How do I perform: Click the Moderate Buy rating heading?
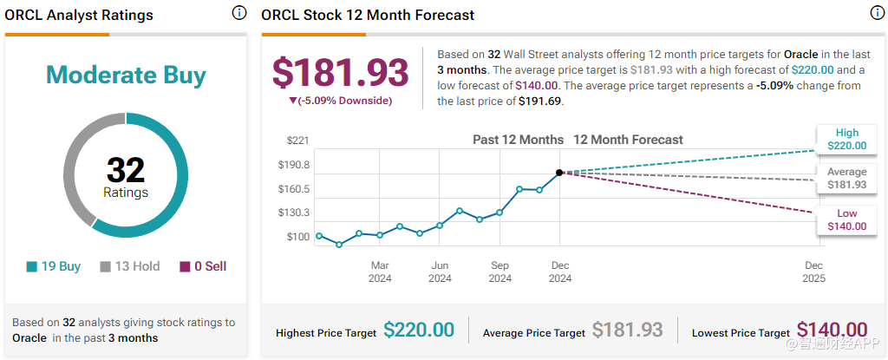click(x=126, y=75)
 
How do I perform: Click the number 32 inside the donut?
click(x=126, y=168)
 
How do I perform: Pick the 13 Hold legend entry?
click(x=130, y=266)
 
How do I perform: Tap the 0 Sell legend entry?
click(x=203, y=266)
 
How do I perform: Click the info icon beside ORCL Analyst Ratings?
click(x=238, y=13)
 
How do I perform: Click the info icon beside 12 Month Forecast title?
click(x=876, y=13)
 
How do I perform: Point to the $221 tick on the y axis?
click(x=297, y=140)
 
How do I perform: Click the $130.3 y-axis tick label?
click(x=292, y=213)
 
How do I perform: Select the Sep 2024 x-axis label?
click(x=499, y=272)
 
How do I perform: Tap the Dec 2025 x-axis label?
click(x=813, y=272)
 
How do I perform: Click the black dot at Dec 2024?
click(x=559, y=173)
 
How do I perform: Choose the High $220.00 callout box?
click(x=846, y=140)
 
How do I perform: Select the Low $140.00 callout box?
click(x=846, y=220)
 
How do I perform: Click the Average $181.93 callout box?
click(x=846, y=179)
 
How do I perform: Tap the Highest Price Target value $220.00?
click(x=419, y=331)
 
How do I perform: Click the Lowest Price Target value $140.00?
click(x=832, y=331)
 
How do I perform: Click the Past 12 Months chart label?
click(x=518, y=140)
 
